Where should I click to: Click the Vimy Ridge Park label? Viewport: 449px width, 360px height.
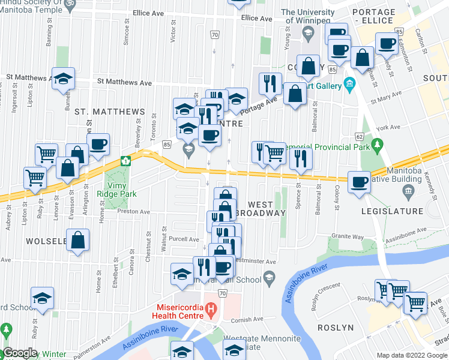click(x=117, y=190)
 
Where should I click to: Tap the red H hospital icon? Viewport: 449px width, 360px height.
click(x=210, y=310)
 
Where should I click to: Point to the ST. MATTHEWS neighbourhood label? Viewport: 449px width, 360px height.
click(x=109, y=112)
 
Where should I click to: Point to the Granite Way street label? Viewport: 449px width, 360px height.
click(x=349, y=237)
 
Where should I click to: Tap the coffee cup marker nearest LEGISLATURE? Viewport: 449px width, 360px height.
click(x=360, y=182)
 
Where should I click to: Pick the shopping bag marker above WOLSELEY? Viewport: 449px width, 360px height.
click(x=78, y=240)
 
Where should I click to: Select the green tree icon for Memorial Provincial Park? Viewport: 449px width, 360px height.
click(x=377, y=145)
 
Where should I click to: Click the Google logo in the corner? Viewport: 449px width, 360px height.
click(x=20, y=353)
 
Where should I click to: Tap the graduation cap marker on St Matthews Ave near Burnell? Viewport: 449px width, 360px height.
click(x=63, y=79)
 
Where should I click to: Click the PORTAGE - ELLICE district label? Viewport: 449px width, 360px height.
click(x=391, y=16)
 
